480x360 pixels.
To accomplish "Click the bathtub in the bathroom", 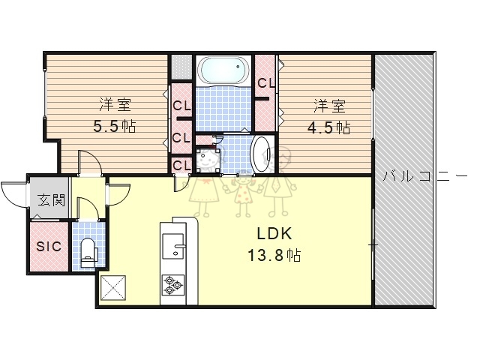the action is pyautogui.click(x=223, y=70).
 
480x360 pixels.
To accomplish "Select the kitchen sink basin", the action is pyautogui.click(x=173, y=246).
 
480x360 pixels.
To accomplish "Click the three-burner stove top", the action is pyautogui.click(x=173, y=285).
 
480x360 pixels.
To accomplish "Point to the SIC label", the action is pyautogui.click(x=49, y=247).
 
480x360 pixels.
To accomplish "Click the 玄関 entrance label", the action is pyautogui.click(x=51, y=201).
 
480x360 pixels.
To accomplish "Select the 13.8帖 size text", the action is pyautogui.click(x=274, y=255).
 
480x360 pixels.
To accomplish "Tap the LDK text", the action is pyautogui.click(x=274, y=234).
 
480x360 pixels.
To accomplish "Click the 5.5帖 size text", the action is pyautogui.click(x=115, y=126).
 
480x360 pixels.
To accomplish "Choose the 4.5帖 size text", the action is pyautogui.click(x=328, y=127).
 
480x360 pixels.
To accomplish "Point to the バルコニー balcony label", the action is pyautogui.click(x=425, y=177).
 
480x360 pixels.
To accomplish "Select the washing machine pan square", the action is pyautogui.click(x=208, y=160).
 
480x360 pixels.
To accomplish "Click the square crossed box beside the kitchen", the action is pyautogui.click(x=113, y=288).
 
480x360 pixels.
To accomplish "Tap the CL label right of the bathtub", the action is pyautogui.click(x=266, y=83).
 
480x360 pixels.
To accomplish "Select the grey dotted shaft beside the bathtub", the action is pyautogui.click(x=181, y=67).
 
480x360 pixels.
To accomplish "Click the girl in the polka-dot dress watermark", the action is pyautogui.click(x=243, y=193).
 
